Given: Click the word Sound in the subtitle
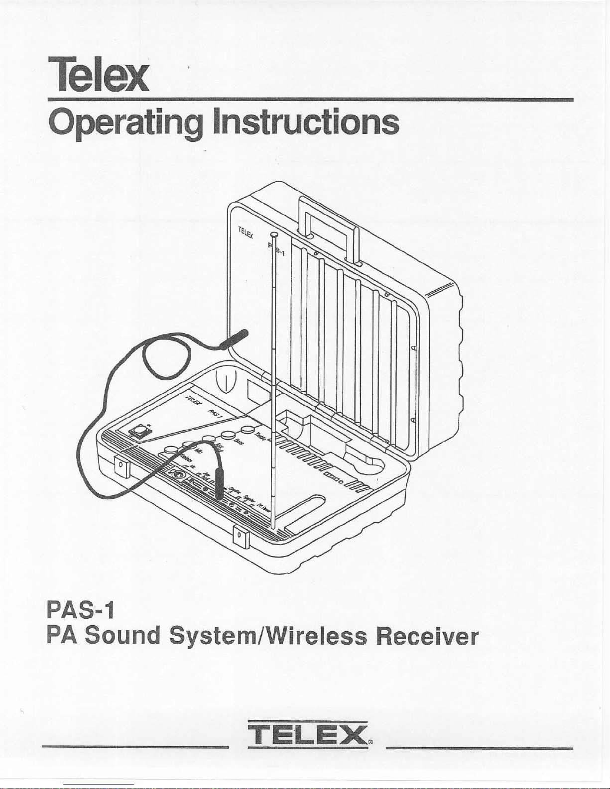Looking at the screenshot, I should click(122, 637).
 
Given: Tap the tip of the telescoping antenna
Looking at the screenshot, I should click(273, 234).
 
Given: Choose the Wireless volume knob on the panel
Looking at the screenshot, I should click(171, 450).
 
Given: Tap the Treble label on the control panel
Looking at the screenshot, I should click(261, 436).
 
